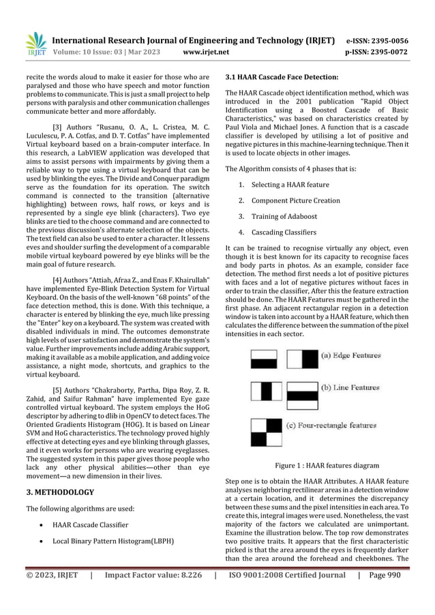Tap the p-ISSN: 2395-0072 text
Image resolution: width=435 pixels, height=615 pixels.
coord(387,51)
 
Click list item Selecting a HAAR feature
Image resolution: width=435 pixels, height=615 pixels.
coord(290,185)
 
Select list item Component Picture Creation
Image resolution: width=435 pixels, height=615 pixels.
coord(295,200)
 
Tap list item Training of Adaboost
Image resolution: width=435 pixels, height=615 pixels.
coord(285,216)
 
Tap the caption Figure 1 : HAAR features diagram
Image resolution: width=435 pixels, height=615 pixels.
coord(327,466)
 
